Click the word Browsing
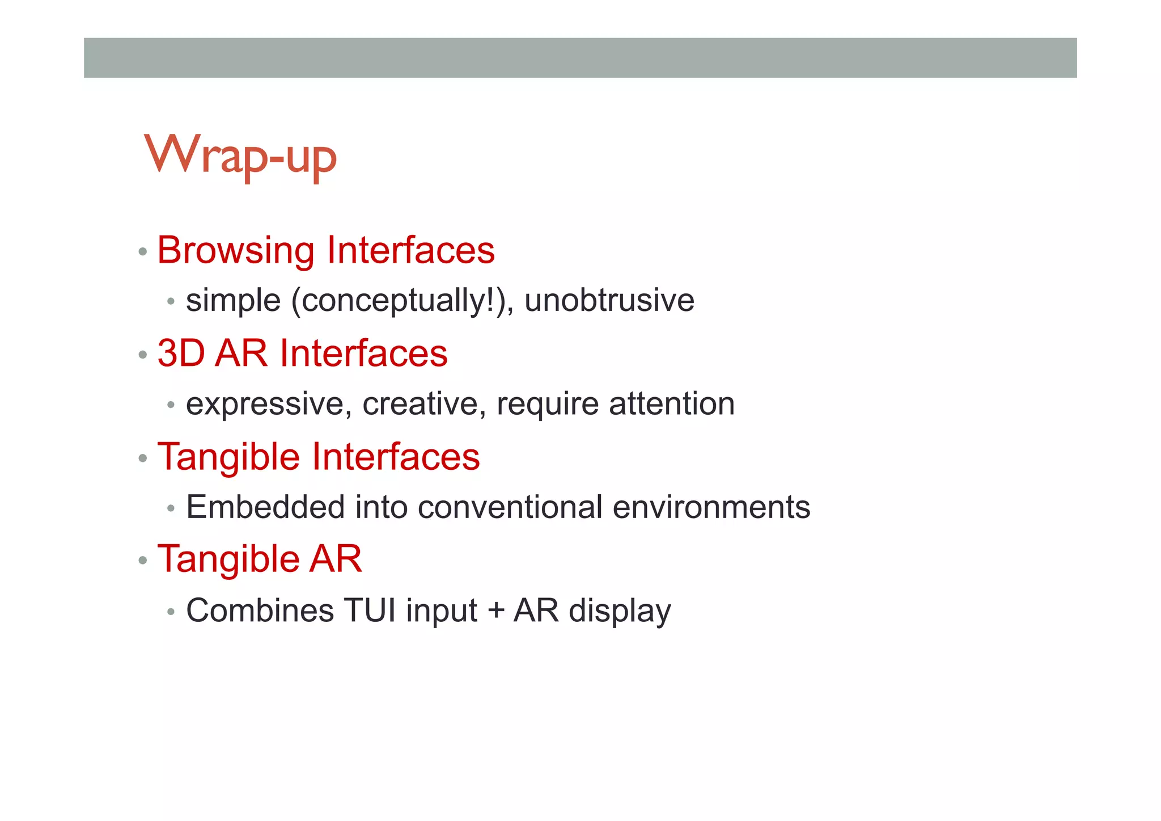[x=235, y=250]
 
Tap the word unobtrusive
[x=609, y=300]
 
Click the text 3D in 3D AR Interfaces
[x=181, y=353]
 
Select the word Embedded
[x=265, y=507]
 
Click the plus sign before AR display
[x=495, y=612]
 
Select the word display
[x=620, y=612]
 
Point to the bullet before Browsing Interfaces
[x=143, y=251]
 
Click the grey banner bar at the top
[x=580, y=57]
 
